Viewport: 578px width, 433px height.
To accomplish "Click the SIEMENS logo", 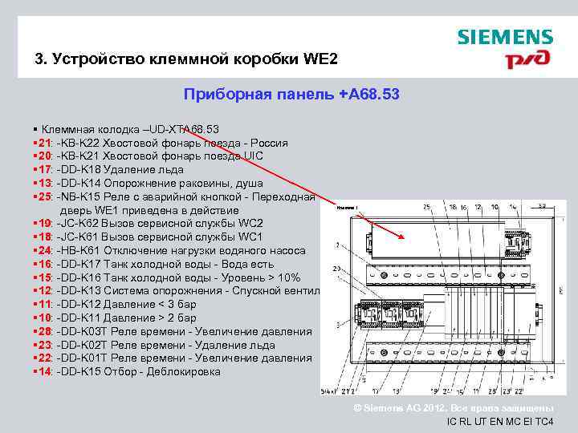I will [505, 37].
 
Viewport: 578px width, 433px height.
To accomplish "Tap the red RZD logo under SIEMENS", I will [527, 59].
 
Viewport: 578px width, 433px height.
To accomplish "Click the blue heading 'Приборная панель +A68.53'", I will [291, 95].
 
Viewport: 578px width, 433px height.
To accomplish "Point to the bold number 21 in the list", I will [43, 143].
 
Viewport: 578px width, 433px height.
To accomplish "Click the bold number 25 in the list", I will [43, 196].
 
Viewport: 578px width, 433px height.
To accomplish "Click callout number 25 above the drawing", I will [426, 207].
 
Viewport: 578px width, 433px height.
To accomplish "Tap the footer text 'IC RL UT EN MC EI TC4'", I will [499, 421].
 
